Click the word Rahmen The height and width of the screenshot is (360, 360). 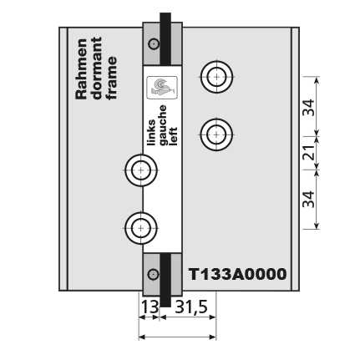[x=81, y=69]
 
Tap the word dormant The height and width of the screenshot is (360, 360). [x=97, y=68]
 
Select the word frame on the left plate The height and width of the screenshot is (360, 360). [x=111, y=78]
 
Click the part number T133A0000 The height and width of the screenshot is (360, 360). [x=237, y=274]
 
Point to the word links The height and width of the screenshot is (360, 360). [x=151, y=133]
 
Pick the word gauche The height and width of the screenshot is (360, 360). [x=162, y=125]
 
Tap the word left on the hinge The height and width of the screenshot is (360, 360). [x=173, y=136]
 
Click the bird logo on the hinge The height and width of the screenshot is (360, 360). [x=162, y=88]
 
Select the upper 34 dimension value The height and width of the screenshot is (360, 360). [x=309, y=107]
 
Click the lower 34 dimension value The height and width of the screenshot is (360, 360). [x=309, y=199]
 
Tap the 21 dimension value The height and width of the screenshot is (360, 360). [x=309, y=153]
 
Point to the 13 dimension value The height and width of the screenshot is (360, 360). [x=150, y=307]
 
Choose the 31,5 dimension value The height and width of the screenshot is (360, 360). [x=191, y=307]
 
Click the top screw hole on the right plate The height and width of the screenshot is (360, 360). [x=216, y=77]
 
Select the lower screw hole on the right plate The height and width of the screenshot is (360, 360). [x=216, y=134]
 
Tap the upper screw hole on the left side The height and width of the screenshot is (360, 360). [x=141, y=170]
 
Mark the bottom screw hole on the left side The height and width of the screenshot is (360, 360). [x=141, y=228]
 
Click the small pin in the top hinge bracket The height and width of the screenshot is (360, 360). [x=154, y=44]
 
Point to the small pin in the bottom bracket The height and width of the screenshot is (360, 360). [x=153, y=275]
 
